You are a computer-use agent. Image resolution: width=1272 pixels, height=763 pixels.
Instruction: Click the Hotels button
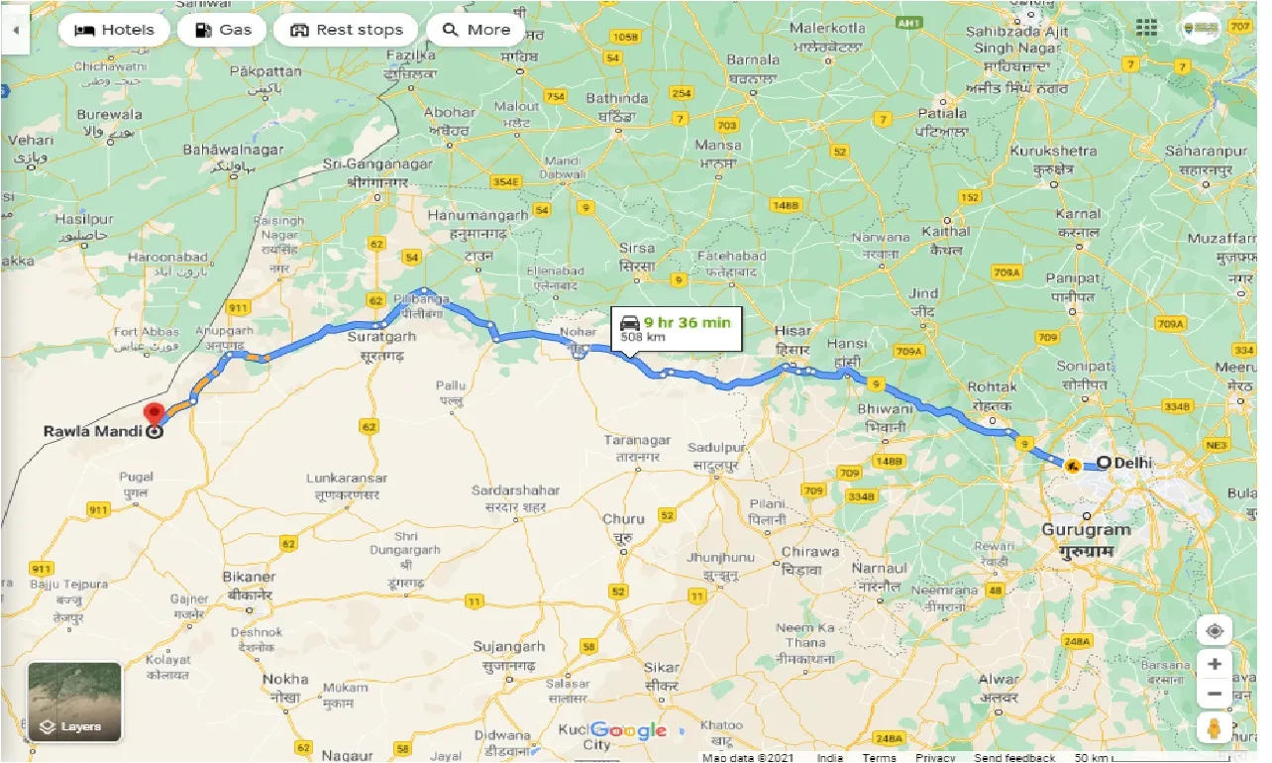114,30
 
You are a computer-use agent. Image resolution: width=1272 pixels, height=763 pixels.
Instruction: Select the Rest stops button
346,30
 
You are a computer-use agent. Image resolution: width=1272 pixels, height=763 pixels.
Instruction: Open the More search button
476,30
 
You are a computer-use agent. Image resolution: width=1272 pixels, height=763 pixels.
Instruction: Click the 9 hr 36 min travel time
687,321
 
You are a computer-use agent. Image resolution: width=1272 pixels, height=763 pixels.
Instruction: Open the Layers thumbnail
74,702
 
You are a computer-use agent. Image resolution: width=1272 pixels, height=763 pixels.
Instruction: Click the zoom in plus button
1215,663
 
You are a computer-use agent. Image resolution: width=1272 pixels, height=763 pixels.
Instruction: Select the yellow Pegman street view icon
1215,728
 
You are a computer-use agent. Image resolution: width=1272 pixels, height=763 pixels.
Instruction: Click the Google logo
631,731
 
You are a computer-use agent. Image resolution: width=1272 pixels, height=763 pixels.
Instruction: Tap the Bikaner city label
251,577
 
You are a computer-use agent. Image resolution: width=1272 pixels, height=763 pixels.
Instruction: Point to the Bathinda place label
617,98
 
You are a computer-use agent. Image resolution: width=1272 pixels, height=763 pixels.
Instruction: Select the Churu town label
623,518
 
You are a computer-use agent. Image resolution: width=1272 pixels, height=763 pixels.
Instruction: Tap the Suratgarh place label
380,337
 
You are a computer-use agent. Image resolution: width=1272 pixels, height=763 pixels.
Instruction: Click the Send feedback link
1015,757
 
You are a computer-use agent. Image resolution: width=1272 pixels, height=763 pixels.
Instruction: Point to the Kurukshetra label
1053,151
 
